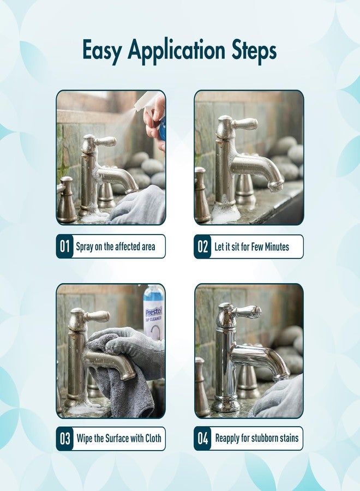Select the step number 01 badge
point(65,247)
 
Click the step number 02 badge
point(202,247)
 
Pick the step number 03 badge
point(65,439)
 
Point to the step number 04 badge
point(202,439)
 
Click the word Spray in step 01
point(85,247)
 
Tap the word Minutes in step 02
point(277,247)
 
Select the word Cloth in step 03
point(153,438)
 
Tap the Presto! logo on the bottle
point(154,312)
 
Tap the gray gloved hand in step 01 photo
point(139,205)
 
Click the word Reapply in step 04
point(227,439)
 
